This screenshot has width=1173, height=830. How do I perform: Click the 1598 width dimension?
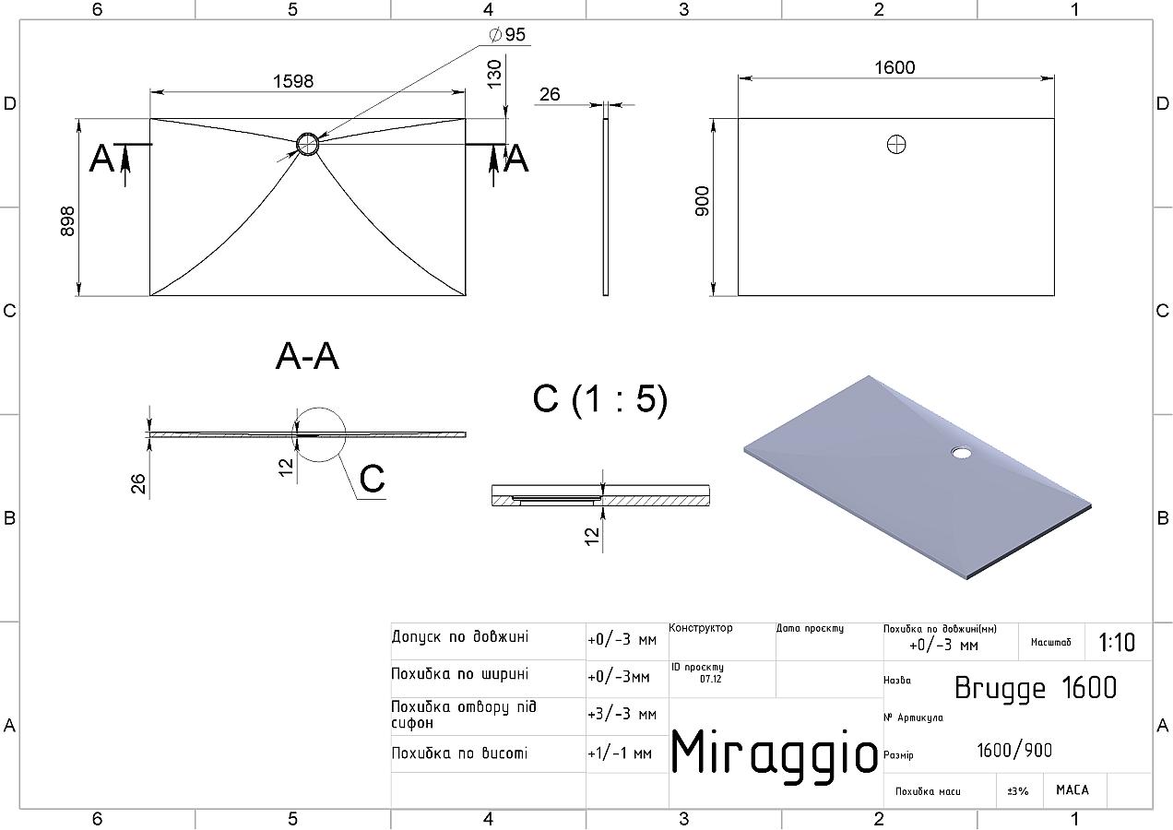[x=293, y=81]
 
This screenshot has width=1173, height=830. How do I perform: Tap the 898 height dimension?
[x=67, y=221]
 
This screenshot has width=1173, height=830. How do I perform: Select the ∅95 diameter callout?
[x=507, y=34]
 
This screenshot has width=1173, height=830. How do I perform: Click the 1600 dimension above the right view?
[x=895, y=67]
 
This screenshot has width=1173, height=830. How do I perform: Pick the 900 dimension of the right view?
[x=702, y=200]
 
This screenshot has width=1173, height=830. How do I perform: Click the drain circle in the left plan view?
[x=307, y=144]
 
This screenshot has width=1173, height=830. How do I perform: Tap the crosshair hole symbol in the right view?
[x=896, y=145]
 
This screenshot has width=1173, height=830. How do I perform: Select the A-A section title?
[x=307, y=357]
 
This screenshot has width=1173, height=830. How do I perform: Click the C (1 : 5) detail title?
[x=600, y=399]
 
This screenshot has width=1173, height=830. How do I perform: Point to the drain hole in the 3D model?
[x=961, y=452]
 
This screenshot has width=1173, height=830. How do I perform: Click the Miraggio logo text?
[x=774, y=754]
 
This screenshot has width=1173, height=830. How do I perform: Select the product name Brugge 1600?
[x=1036, y=688]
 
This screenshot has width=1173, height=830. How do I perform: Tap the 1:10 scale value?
[x=1117, y=642]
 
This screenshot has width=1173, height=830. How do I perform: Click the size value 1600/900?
[x=1014, y=751]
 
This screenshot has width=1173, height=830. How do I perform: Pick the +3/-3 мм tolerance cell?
[x=622, y=715]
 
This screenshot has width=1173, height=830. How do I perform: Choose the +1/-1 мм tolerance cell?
[x=620, y=753]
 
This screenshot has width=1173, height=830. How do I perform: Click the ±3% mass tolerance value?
[x=1018, y=791]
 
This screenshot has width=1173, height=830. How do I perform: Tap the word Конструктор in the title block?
[x=701, y=628]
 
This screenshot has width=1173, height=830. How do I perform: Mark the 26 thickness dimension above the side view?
[x=550, y=94]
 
